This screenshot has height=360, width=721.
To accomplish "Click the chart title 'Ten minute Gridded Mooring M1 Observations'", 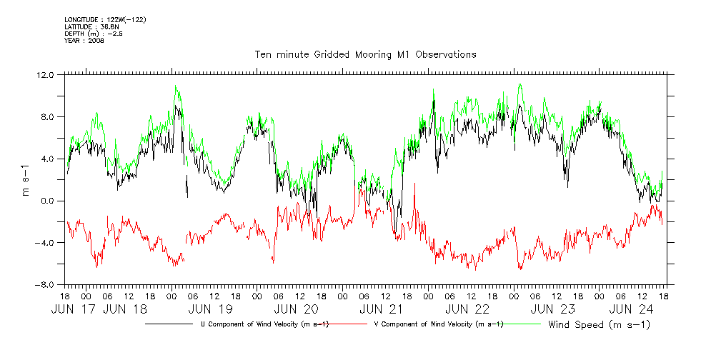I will (366, 54).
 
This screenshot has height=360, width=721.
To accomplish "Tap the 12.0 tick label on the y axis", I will (45, 74).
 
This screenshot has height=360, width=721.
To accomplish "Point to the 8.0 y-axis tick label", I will (47, 116).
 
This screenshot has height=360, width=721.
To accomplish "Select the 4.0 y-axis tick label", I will (47, 159).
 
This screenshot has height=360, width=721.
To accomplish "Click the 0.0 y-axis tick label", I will (47, 201).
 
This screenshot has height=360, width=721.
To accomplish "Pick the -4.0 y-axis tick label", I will (45, 243).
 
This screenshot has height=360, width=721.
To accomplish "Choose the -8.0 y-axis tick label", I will (45, 285).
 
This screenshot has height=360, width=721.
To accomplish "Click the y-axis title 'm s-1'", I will (26, 179).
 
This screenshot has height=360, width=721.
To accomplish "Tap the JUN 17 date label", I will (74, 310).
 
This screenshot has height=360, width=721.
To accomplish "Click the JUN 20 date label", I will (296, 310).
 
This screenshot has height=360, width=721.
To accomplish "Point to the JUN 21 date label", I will (382, 310).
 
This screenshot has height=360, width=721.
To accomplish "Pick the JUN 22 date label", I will (467, 310).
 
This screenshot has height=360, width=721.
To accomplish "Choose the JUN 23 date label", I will (553, 310).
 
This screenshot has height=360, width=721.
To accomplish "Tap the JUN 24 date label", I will (631, 310).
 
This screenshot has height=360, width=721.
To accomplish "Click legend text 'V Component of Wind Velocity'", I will (439, 324).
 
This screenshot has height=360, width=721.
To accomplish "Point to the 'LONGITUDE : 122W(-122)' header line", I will (105, 19).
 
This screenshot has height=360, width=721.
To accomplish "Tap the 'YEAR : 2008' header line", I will (84, 41).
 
